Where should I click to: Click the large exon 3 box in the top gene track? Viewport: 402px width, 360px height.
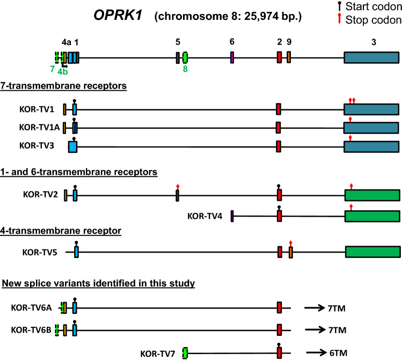point(371,58)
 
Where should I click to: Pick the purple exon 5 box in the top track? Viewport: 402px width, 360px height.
point(177,57)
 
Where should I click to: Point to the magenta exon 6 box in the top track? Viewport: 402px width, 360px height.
point(232,57)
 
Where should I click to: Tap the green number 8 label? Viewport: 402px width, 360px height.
point(185,69)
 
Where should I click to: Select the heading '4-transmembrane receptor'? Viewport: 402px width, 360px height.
point(61,231)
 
